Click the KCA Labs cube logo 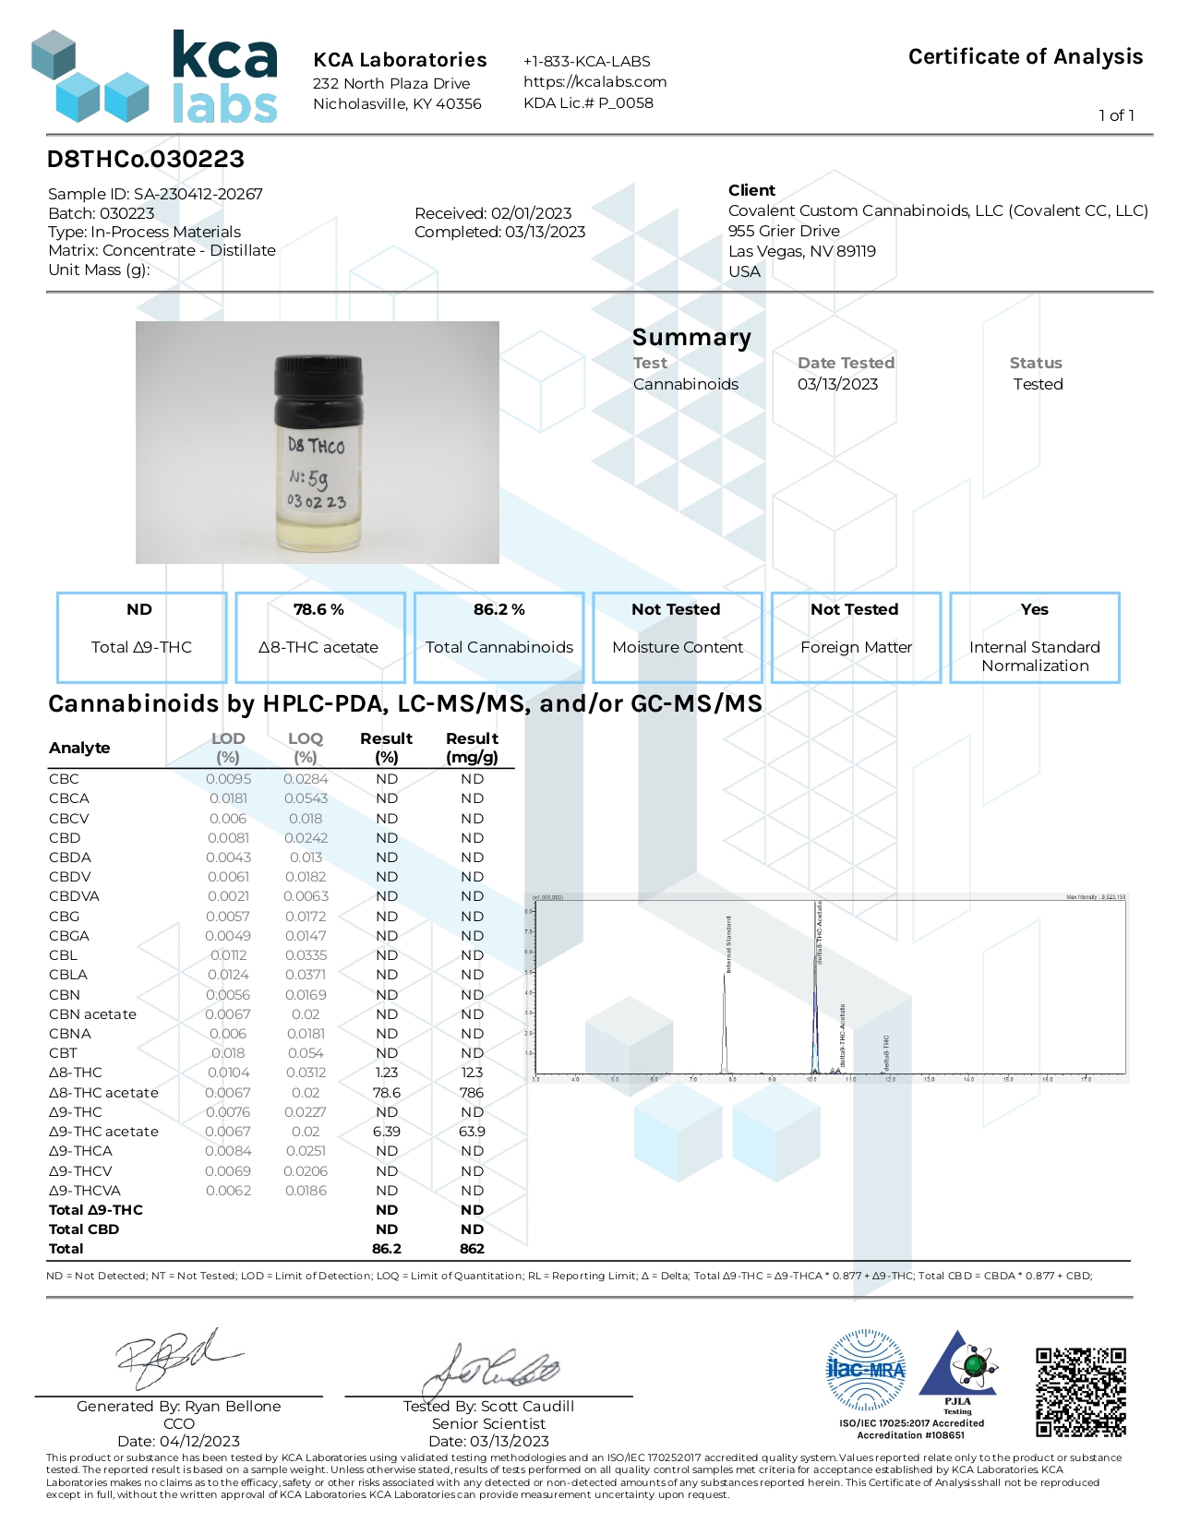(x=90, y=78)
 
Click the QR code (x=1080, y=1391)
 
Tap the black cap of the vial (x=318, y=387)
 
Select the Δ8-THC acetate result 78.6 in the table (x=386, y=1092)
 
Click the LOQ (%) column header (x=305, y=747)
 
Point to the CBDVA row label (x=74, y=896)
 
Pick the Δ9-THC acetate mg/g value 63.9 (x=472, y=1132)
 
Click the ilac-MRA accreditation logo (x=865, y=1370)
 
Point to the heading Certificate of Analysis (x=1025, y=57)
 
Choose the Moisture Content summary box (x=677, y=637)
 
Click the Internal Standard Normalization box (x=1034, y=637)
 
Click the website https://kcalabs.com (x=595, y=81)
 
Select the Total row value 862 (x=472, y=1249)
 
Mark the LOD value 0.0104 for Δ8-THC (x=228, y=1073)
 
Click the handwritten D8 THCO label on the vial (x=316, y=446)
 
